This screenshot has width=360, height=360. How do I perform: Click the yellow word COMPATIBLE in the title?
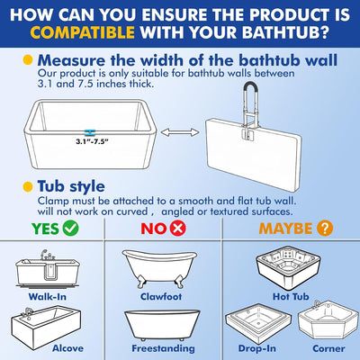point(82,32)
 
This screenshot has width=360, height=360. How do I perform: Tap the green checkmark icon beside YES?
point(71,229)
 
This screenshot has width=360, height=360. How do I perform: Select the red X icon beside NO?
point(178,229)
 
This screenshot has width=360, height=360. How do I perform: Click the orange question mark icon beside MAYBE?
point(325,229)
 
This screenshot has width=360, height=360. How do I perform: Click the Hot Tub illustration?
point(288,268)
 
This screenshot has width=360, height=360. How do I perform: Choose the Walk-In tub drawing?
point(48,268)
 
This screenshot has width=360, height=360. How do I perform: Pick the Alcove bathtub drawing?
point(46,327)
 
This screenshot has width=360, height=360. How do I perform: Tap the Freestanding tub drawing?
point(162,326)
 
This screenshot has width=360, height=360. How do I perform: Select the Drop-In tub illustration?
point(258,324)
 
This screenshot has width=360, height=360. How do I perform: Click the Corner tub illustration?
point(328,321)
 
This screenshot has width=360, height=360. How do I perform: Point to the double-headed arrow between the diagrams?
point(180,132)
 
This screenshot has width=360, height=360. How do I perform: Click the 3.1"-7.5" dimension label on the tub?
point(92,141)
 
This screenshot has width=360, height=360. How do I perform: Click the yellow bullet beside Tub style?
point(28,186)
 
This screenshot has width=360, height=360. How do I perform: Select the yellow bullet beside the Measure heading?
point(28,60)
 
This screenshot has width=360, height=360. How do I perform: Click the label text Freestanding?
point(163,348)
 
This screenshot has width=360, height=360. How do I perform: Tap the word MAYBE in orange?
point(285,229)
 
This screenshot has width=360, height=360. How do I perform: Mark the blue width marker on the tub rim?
point(90,132)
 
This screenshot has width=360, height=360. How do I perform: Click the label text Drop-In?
point(257,348)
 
